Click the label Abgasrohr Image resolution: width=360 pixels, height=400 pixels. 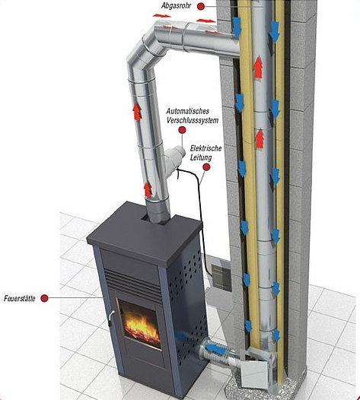pos(176,5)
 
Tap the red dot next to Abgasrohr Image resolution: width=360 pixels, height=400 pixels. pos(201,6)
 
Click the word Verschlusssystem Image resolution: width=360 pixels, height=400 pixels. pos(193,120)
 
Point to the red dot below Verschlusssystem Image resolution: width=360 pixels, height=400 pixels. pos(182,130)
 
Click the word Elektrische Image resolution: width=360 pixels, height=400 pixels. pos(205,148)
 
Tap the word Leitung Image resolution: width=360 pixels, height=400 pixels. pos(201,157)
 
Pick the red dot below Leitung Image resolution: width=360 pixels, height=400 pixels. pos(206,167)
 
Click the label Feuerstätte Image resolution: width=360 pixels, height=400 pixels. pos(19,298)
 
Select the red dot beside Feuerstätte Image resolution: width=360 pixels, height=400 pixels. pos(44,298)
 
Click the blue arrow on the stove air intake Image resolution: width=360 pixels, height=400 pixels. pos(215,349)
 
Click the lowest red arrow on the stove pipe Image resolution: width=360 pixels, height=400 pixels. pos(148,190)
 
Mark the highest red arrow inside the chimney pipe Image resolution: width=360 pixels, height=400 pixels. pos(258,67)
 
